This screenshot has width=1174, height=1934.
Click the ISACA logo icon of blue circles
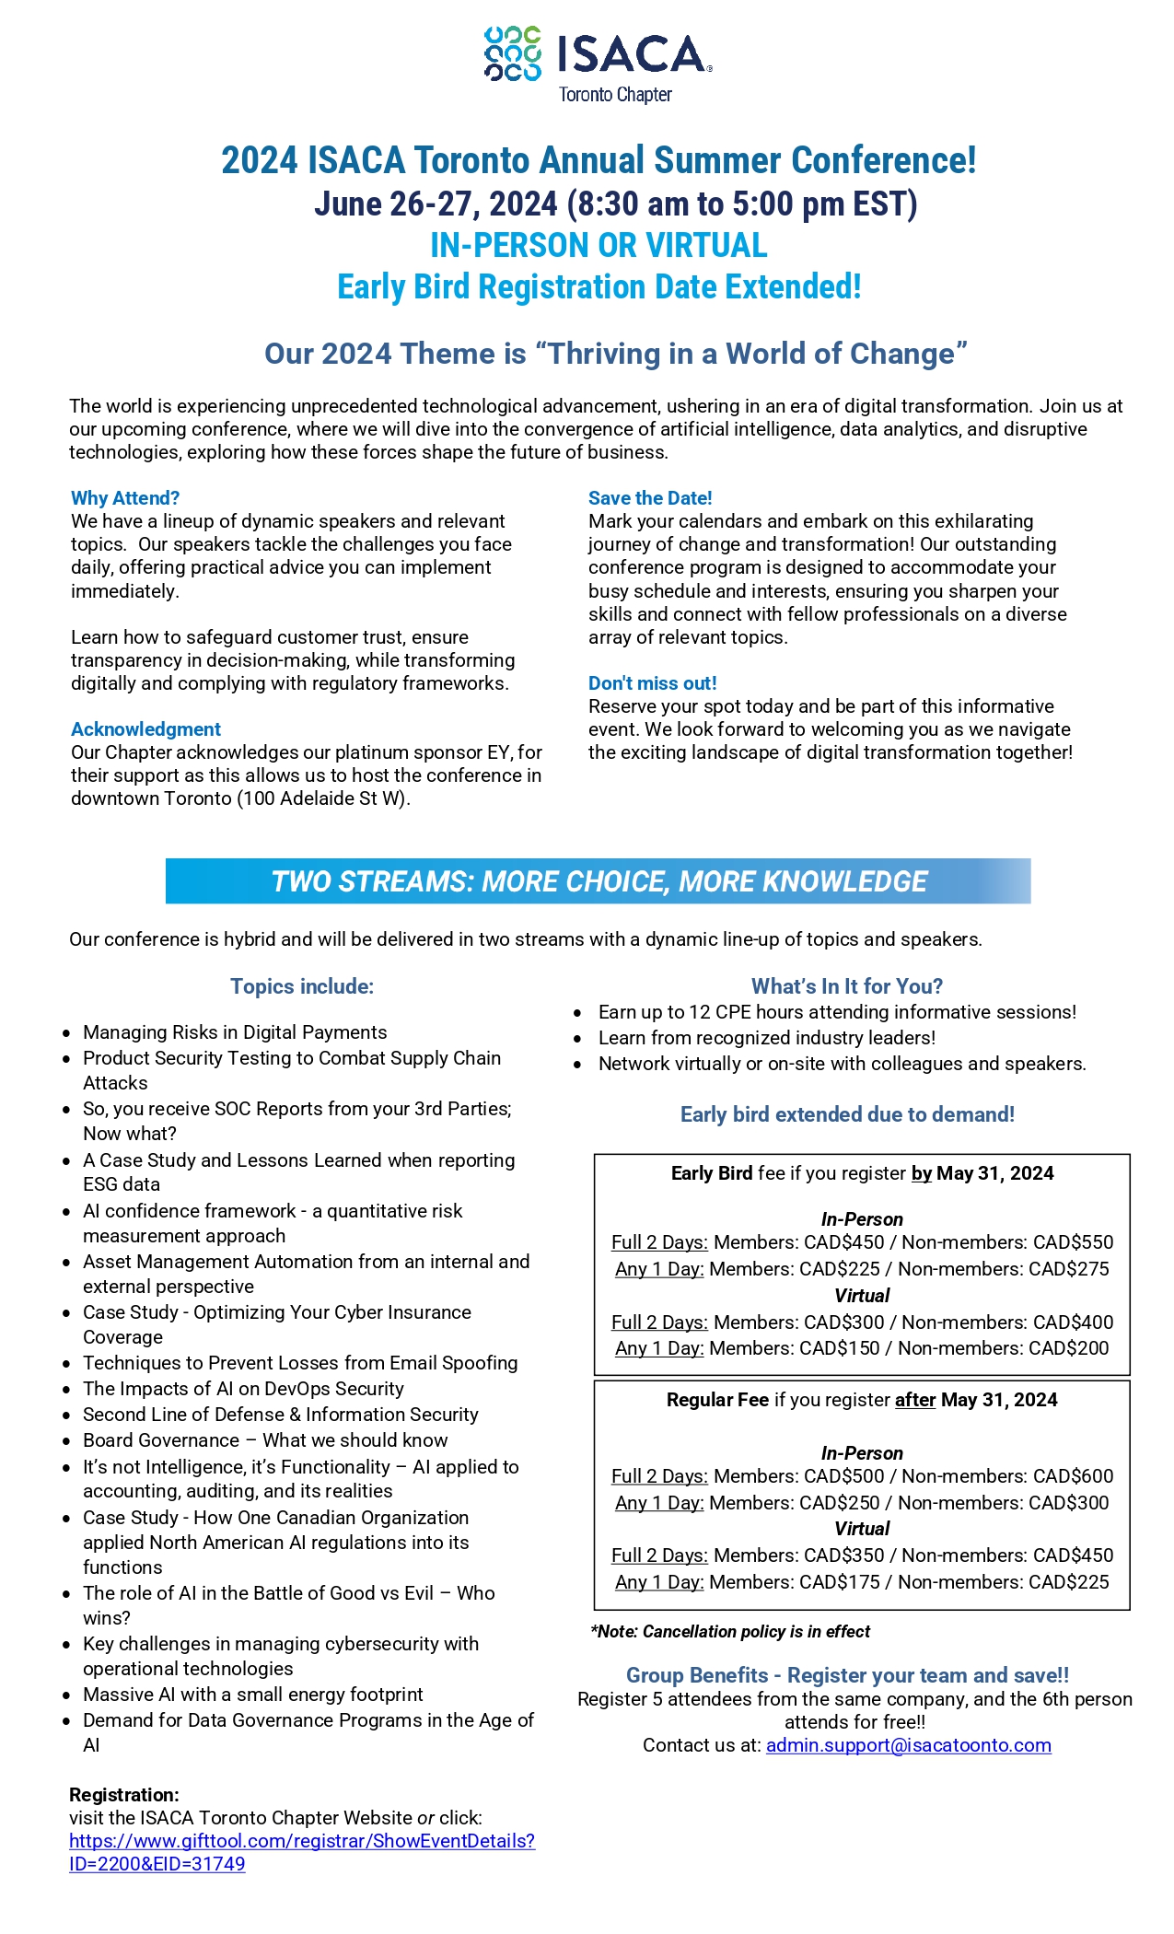point(513,53)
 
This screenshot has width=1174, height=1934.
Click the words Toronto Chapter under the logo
point(615,95)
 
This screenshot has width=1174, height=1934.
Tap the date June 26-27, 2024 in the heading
point(436,204)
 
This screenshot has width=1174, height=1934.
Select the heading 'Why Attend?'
point(125,498)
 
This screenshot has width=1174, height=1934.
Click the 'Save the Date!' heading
point(650,498)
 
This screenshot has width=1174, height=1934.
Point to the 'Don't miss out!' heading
point(652,683)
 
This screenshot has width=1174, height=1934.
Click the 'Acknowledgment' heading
point(145,729)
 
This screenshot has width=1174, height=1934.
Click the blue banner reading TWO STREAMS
point(598,881)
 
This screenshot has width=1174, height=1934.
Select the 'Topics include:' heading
point(302,986)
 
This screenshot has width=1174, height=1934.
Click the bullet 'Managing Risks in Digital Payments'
point(235,1032)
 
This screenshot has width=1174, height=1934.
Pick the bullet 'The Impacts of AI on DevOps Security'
point(243,1389)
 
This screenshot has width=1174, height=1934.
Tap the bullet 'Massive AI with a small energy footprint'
point(253,1695)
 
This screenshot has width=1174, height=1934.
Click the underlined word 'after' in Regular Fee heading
point(915,1400)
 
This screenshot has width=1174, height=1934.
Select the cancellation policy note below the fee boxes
point(730,1632)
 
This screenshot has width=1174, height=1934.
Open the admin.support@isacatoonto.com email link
point(908,1745)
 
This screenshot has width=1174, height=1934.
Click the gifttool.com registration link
point(301,1841)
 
